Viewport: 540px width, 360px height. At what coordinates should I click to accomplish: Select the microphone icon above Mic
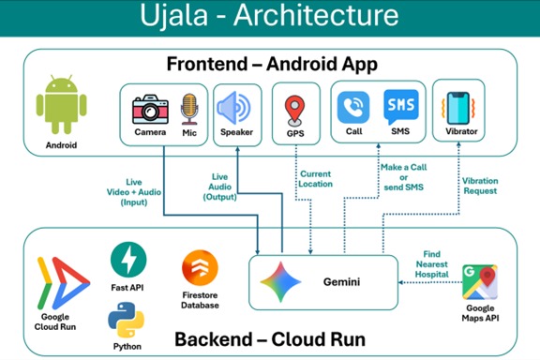[x=189, y=107]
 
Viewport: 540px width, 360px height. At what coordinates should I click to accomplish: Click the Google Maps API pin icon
[x=479, y=281]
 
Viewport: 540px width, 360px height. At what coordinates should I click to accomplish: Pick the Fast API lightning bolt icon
[x=128, y=260]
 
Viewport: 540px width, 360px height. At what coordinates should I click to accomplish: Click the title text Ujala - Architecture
[x=269, y=16]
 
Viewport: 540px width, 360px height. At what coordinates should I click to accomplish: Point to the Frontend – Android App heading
[x=272, y=65]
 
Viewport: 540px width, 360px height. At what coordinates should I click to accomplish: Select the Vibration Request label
[x=479, y=185]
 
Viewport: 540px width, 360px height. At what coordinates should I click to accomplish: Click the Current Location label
[x=316, y=179]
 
